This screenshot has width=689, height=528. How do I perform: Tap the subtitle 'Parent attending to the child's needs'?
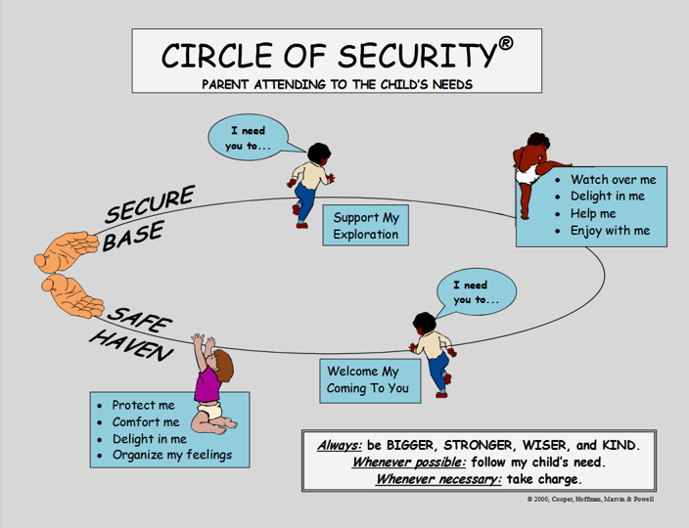click(337, 84)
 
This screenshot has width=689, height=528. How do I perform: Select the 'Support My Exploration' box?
click(365, 226)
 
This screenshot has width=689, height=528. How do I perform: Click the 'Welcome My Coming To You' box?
click(370, 379)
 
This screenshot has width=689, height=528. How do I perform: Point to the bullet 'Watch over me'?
click(613, 180)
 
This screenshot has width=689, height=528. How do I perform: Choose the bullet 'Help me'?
click(593, 214)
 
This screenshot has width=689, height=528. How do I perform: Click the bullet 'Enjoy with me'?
click(610, 232)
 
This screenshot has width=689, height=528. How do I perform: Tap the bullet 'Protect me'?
click(143, 406)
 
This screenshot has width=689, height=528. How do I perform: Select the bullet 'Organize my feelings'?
click(171, 456)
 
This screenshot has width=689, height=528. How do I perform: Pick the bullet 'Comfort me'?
click(146, 422)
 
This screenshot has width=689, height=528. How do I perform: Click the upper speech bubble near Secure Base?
click(249, 138)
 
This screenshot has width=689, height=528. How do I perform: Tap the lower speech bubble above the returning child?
click(475, 292)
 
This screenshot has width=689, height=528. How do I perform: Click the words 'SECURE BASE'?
click(147, 220)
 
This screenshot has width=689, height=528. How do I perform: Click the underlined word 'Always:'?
click(340, 445)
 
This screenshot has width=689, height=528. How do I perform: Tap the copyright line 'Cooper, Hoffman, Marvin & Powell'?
click(592, 500)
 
